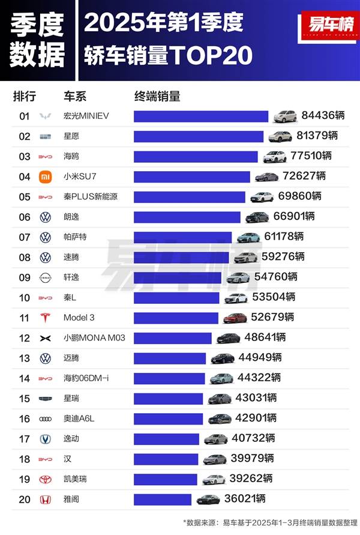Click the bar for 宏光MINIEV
point(201,116)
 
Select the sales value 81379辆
point(317,136)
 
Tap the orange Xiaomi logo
point(46,177)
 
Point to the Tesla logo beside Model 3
point(46,318)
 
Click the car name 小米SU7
point(80,177)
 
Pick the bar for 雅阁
point(163,500)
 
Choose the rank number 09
point(25,277)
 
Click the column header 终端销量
point(157,97)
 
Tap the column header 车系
point(75,97)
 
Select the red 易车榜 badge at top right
point(330,26)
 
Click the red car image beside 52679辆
point(235,318)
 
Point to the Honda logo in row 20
point(46,500)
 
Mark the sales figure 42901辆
point(256,418)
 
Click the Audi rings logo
point(46,419)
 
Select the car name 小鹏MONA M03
point(94,338)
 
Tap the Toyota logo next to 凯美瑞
point(46,480)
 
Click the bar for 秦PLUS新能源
point(190,197)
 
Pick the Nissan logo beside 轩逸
point(46,278)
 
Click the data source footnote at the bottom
point(270,522)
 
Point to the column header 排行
point(25,97)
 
